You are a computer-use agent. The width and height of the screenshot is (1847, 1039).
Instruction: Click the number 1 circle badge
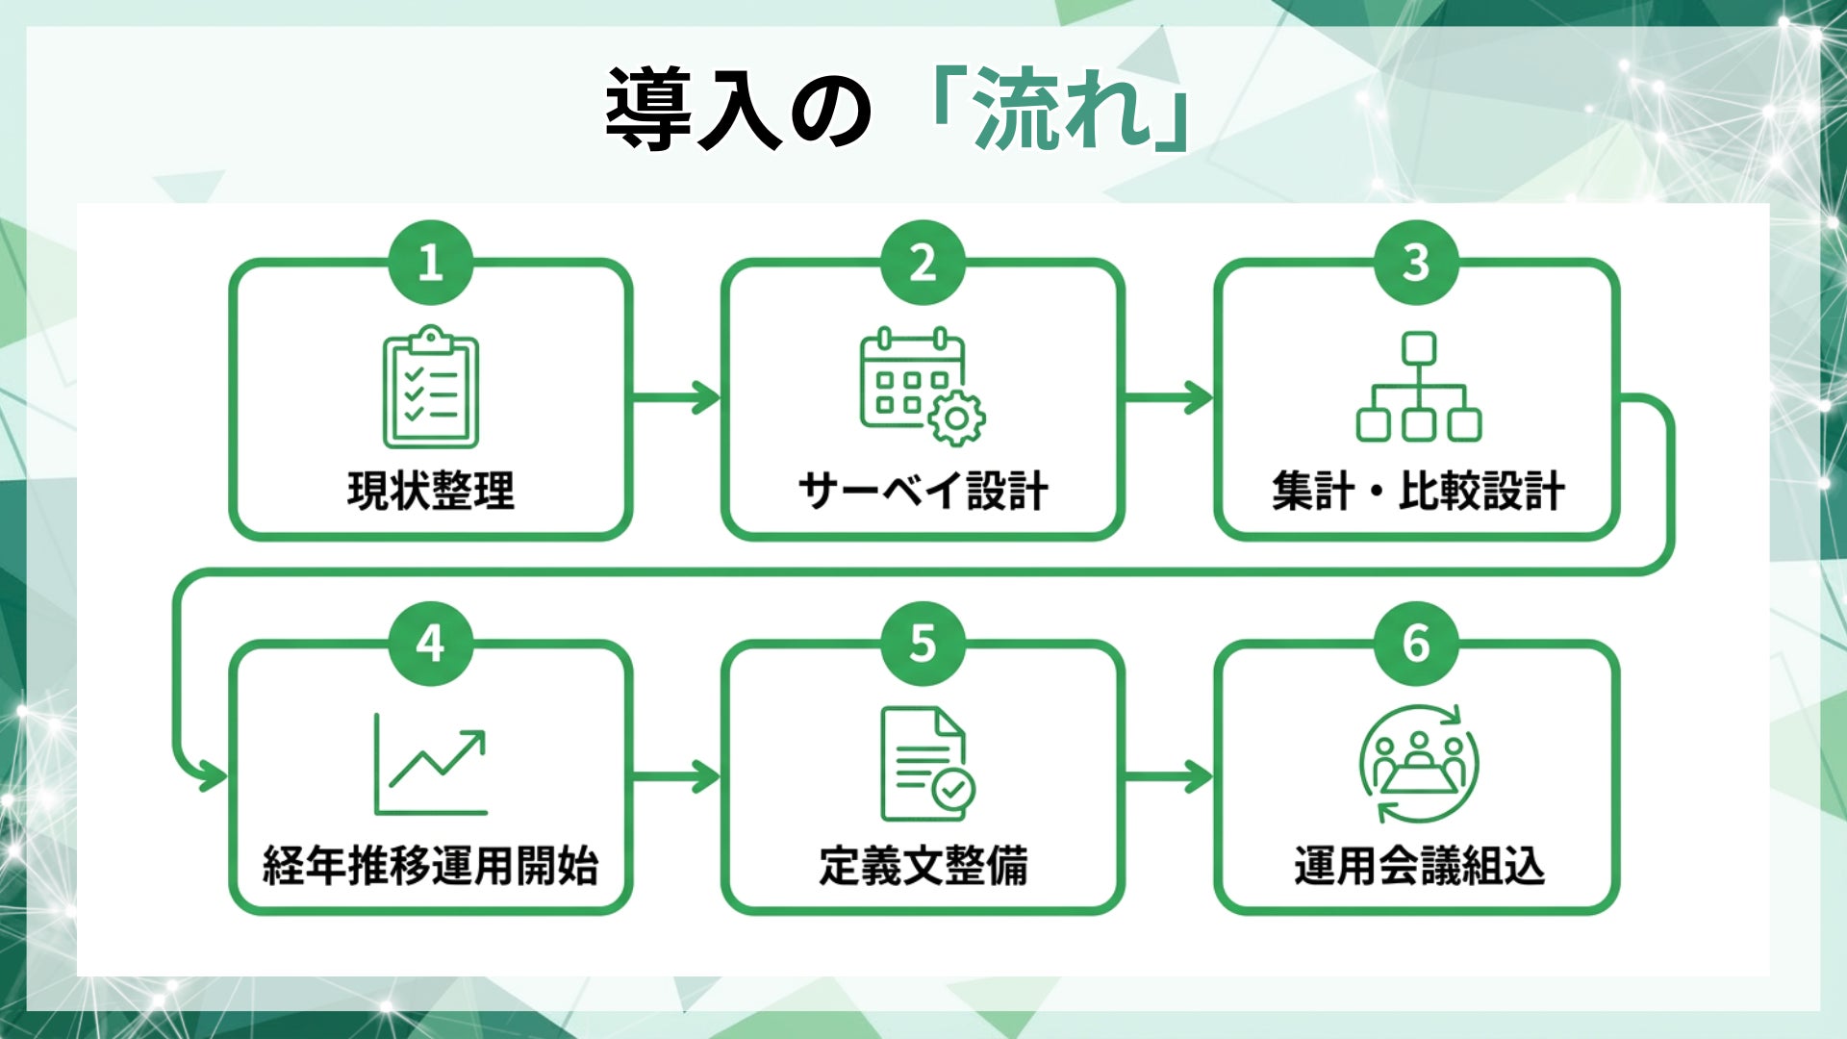pyautogui.click(x=430, y=263)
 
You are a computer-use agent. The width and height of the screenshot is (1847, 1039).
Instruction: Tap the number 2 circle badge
pyautogui.click(x=923, y=263)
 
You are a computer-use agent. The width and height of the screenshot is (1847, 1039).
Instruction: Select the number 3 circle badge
pyautogui.click(x=1415, y=263)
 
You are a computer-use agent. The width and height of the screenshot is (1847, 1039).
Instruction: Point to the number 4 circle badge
pyautogui.click(x=430, y=643)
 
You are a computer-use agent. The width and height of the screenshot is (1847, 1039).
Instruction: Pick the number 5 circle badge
pyautogui.click(x=923, y=643)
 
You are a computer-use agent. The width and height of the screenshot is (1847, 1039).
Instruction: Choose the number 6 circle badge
pyautogui.click(x=1415, y=643)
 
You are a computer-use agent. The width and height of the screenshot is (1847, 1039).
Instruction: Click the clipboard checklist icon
pyautogui.click(x=431, y=388)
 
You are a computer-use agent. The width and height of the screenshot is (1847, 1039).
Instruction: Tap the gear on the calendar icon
pyautogui.click(x=955, y=418)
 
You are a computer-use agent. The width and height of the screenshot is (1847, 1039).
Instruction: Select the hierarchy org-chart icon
pyautogui.click(x=1418, y=387)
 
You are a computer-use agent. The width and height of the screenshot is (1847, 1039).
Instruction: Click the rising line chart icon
pyautogui.click(x=432, y=765)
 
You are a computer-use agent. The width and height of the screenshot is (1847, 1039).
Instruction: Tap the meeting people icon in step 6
pyautogui.click(x=1419, y=765)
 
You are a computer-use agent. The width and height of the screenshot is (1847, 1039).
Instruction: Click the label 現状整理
pyautogui.click(x=431, y=491)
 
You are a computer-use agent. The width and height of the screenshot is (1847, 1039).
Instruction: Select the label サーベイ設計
pyautogui.click(x=923, y=491)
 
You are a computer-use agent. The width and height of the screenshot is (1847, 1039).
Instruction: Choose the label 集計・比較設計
pyautogui.click(x=1418, y=491)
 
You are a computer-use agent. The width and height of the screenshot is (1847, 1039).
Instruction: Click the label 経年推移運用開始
pyautogui.click(x=431, y=866)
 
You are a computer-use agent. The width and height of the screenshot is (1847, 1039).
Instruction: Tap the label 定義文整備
pyautogui.click(x=923, y=866)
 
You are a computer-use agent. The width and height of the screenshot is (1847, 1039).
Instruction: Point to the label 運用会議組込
pyautogui.click(x=1419, y=866)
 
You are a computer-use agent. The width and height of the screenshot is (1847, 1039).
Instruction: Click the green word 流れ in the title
pyautogui.click(x=1063, y=111)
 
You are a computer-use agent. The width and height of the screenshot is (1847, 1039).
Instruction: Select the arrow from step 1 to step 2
pyautogui.click(x=676, y=396)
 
